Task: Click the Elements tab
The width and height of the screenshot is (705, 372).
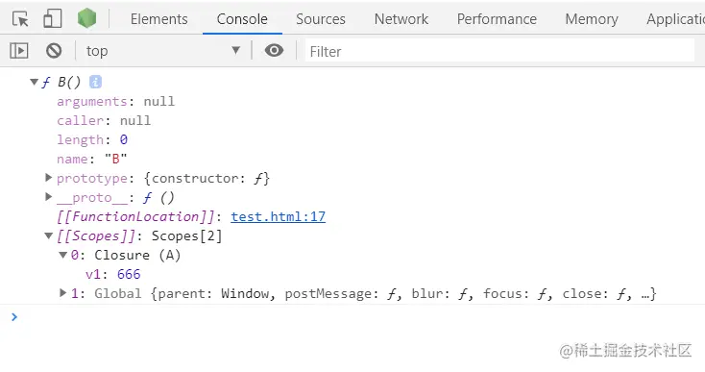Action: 158,18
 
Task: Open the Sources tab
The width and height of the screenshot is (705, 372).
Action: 320,18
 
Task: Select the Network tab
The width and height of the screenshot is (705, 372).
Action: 401,18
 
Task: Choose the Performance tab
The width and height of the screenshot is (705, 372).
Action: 496,18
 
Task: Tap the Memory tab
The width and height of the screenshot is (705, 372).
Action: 591,18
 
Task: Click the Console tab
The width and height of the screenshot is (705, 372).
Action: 242,18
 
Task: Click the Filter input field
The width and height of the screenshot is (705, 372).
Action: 499,51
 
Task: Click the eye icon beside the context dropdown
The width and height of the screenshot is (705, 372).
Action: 274,51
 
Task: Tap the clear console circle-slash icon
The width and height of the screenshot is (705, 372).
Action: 54,51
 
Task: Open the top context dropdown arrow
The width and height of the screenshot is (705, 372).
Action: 236,51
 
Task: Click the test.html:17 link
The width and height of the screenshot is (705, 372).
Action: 278,217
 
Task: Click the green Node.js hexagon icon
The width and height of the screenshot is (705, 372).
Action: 86,18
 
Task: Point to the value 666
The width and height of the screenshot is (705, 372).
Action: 128,275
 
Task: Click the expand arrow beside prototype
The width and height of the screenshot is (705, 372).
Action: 49,178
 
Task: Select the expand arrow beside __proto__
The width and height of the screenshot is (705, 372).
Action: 49,197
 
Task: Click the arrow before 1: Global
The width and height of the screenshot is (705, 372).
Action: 63,293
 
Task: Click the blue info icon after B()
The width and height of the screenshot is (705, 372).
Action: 96,83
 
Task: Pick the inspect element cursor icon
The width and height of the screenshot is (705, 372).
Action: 21,18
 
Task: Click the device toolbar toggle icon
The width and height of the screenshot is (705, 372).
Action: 53,18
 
